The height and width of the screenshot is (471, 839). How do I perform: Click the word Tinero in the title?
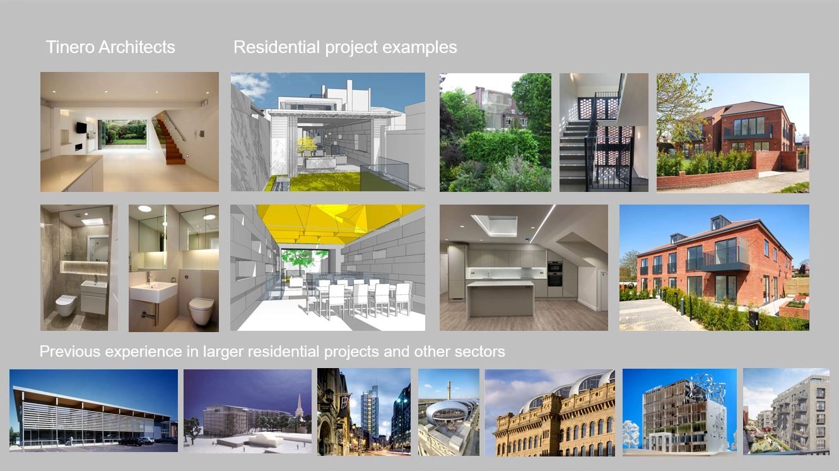coord(69,47)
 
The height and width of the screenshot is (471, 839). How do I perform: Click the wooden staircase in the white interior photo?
coord(170,140)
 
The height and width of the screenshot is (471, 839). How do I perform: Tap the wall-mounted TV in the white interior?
coord(82,128)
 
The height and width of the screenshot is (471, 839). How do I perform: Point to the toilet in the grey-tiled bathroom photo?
coord(66,306)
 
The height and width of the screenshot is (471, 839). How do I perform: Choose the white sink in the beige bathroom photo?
coord(153,292)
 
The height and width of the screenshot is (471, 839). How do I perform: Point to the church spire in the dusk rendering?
coord(299,405)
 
